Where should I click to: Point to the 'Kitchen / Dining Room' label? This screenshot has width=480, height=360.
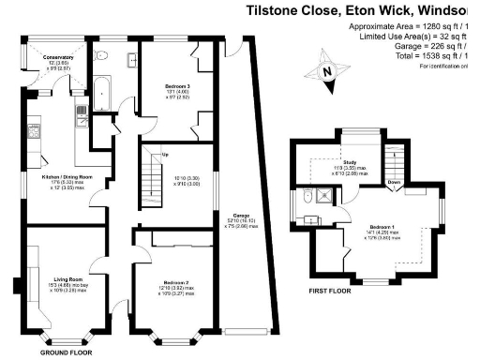pyautogui.click(x=58, y=176)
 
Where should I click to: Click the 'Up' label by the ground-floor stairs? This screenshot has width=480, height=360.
pyautogui.click(x=166, y=154)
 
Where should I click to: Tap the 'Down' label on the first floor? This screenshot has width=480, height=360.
pyautogui.click(x=396, y=183)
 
